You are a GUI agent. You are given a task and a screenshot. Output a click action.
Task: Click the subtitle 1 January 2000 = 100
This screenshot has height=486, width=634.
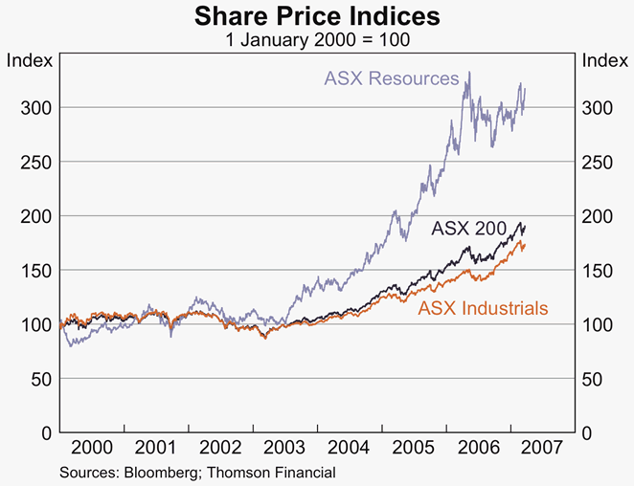(317, 40)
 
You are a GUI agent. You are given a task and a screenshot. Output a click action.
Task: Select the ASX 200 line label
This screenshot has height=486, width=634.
(469, 229)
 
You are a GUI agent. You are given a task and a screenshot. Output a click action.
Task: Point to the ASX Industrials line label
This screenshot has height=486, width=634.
(484, 308)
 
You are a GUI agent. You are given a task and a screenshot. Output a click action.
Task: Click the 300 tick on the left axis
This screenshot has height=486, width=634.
(35, 107)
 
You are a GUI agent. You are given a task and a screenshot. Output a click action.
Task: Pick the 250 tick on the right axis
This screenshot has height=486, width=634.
(599, 162)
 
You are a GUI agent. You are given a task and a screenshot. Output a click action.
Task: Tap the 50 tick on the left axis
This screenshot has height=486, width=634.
(40, 379)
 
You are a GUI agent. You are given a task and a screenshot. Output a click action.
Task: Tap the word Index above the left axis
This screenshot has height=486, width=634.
(30, 60)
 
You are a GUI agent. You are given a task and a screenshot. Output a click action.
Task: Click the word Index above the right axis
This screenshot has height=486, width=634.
(604, 60)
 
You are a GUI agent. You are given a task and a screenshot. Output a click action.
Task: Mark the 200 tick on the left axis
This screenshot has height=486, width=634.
(35, 216)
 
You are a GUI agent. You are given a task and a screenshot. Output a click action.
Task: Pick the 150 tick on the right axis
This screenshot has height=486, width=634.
(599, 271)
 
